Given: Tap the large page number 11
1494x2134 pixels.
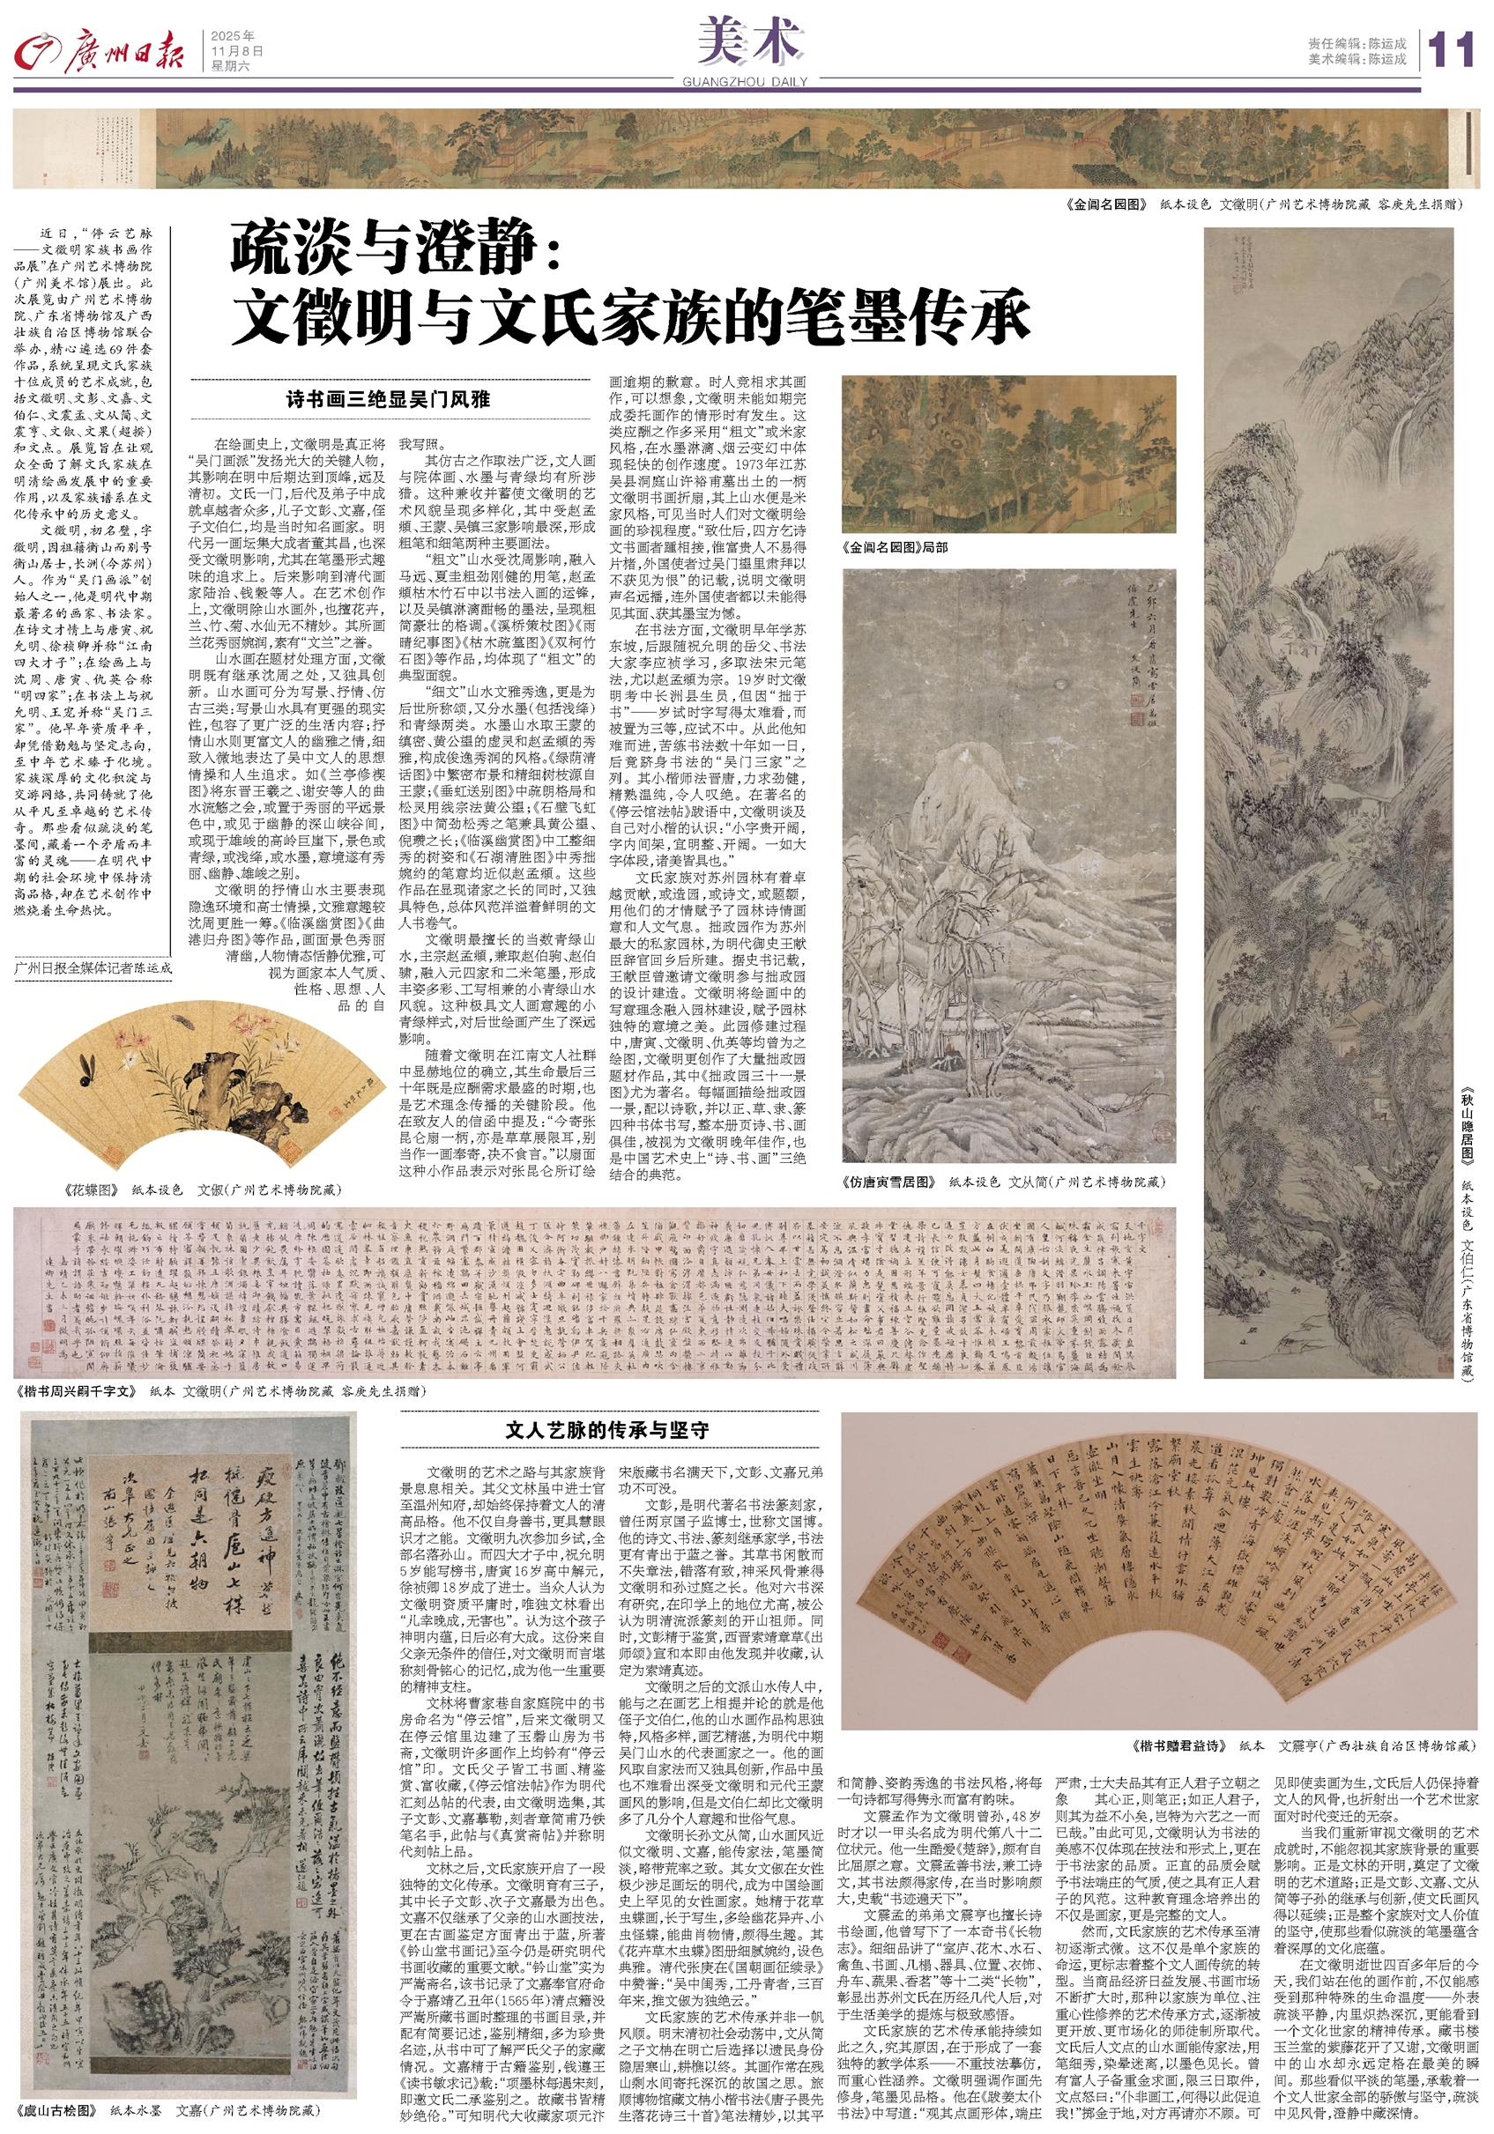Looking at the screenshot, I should pyautogui.click(x=1449, y=49).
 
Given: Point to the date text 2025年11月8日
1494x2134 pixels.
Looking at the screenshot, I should pyautogui.click(x=237, y=44).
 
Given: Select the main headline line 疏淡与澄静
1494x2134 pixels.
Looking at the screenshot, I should pyautogui.click(x=394, y=248).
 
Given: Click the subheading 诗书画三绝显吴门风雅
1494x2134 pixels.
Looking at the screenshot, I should pyautogui.click(x=388, y=400).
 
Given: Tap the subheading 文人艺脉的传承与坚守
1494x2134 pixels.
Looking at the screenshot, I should pyautogui.click(x=606, y=1430).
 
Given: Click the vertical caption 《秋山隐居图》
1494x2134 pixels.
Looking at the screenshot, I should pyautogui.click(x=1467, y=1124).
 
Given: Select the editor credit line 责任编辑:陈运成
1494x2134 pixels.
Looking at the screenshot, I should pyautogui.click(x=1356, y=43).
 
